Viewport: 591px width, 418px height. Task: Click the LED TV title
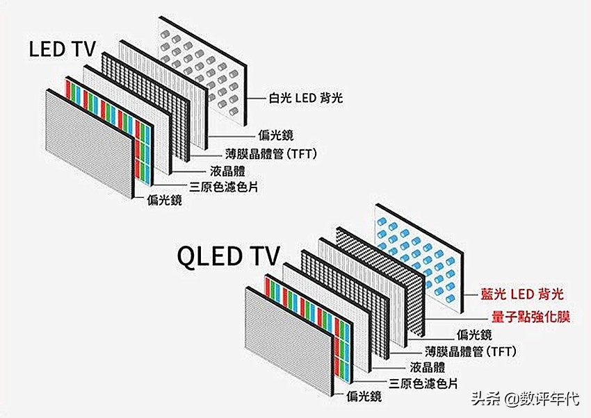(67, 50)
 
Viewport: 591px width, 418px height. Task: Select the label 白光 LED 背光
(306, 99)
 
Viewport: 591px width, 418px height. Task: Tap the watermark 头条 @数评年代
(525, 399)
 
